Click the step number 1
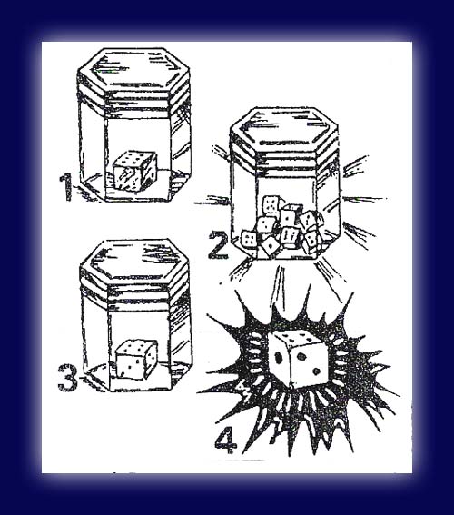pyautogui.click(x=66, y=186)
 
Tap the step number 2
pyautogui.click(x=218, y=245)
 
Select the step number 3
pyautogui.click(x=68, y=377)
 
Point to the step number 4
pyautogui.click(x=225, y=440)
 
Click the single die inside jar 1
pyautogui.click(x=135, y=171)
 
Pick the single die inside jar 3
pyautogui.click(x=136, y=360)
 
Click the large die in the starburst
pyautogui.click(x=299, y=359)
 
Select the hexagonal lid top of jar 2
pyautogui.click(x=284, y=125)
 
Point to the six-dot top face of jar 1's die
pyautogui.click(x=135, y=158)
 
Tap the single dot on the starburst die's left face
pyautogui.click(x=278, y=357)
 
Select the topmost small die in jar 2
pyautogui.click(x=271, y=205)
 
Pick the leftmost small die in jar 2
pyautogui.click(x=250, y=239)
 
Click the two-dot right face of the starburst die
pyautogui.click(x=310, y=365)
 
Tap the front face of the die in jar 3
pyautogui.click(x=131, y=366)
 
